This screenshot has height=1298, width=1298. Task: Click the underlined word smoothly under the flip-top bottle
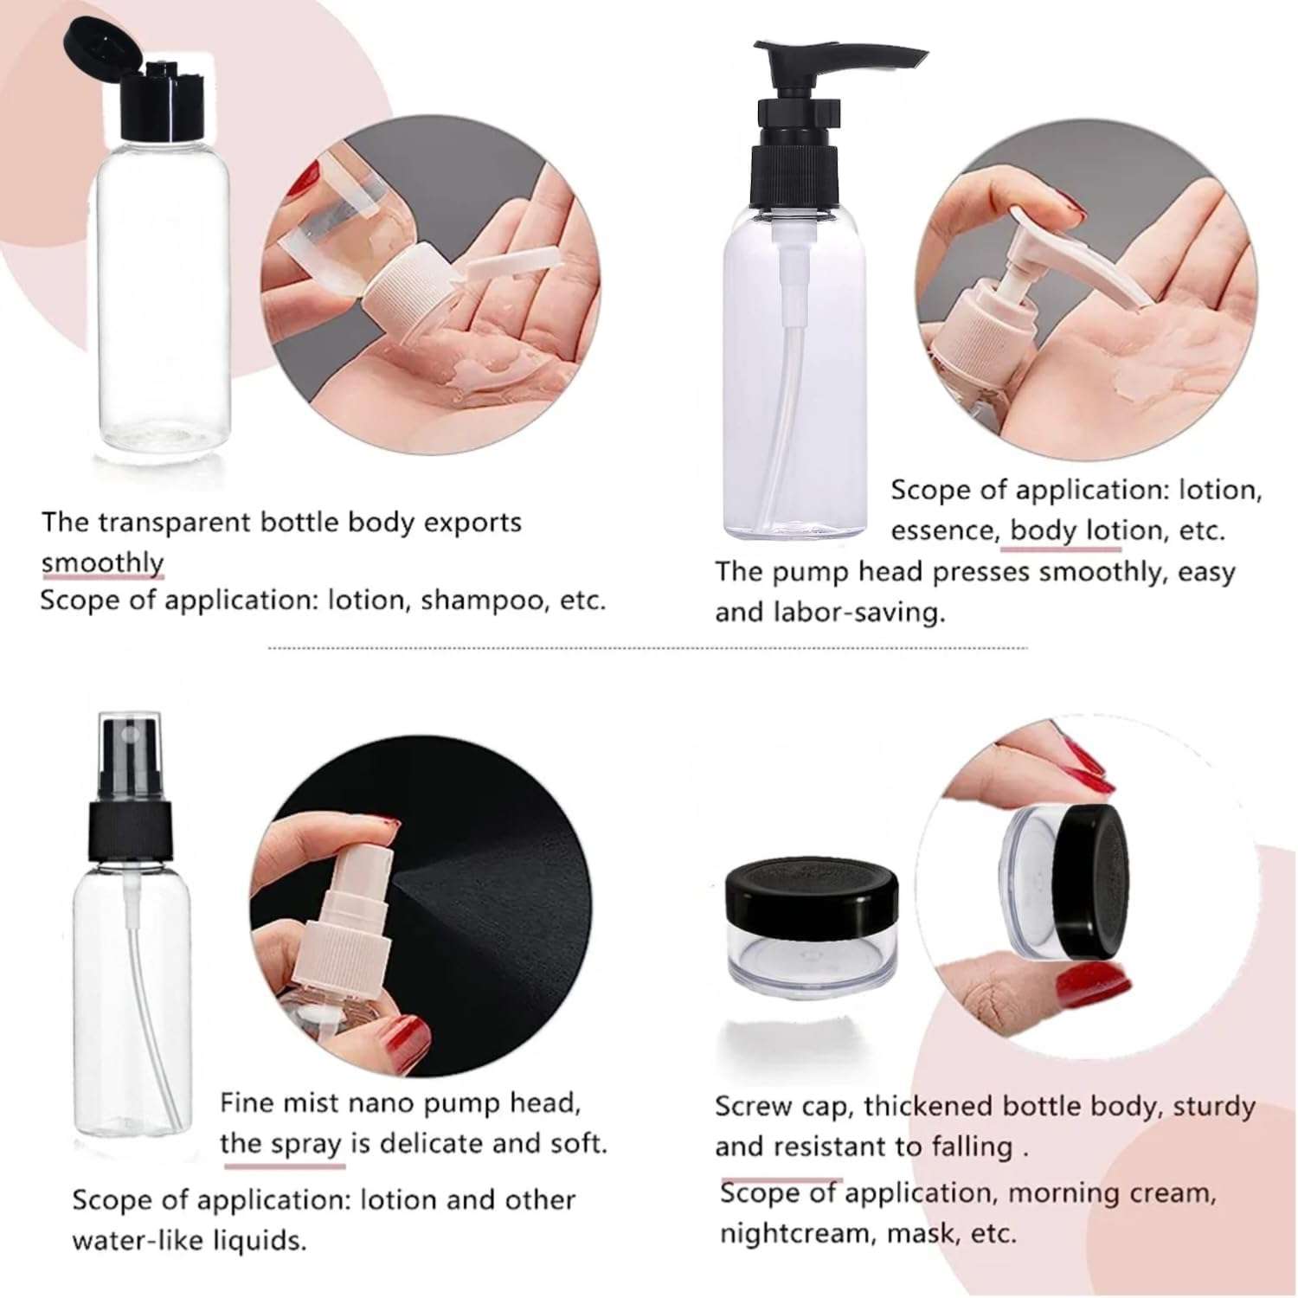coord(102,562)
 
